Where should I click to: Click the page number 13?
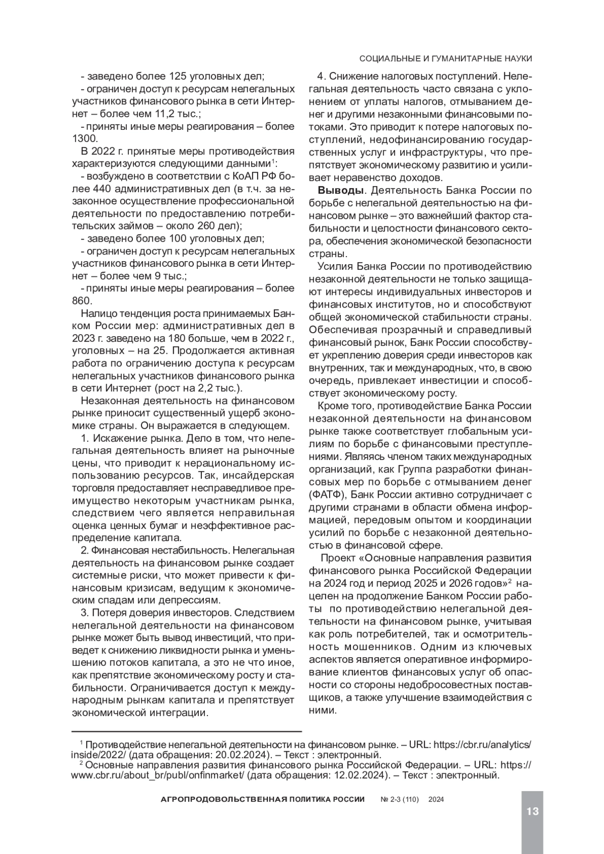(x=533, y=811)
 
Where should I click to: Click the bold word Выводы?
(x=339, y=190)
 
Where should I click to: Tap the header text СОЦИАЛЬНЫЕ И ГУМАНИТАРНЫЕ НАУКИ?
(x=446, y=59)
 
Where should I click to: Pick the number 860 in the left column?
(x=82, y=301)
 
